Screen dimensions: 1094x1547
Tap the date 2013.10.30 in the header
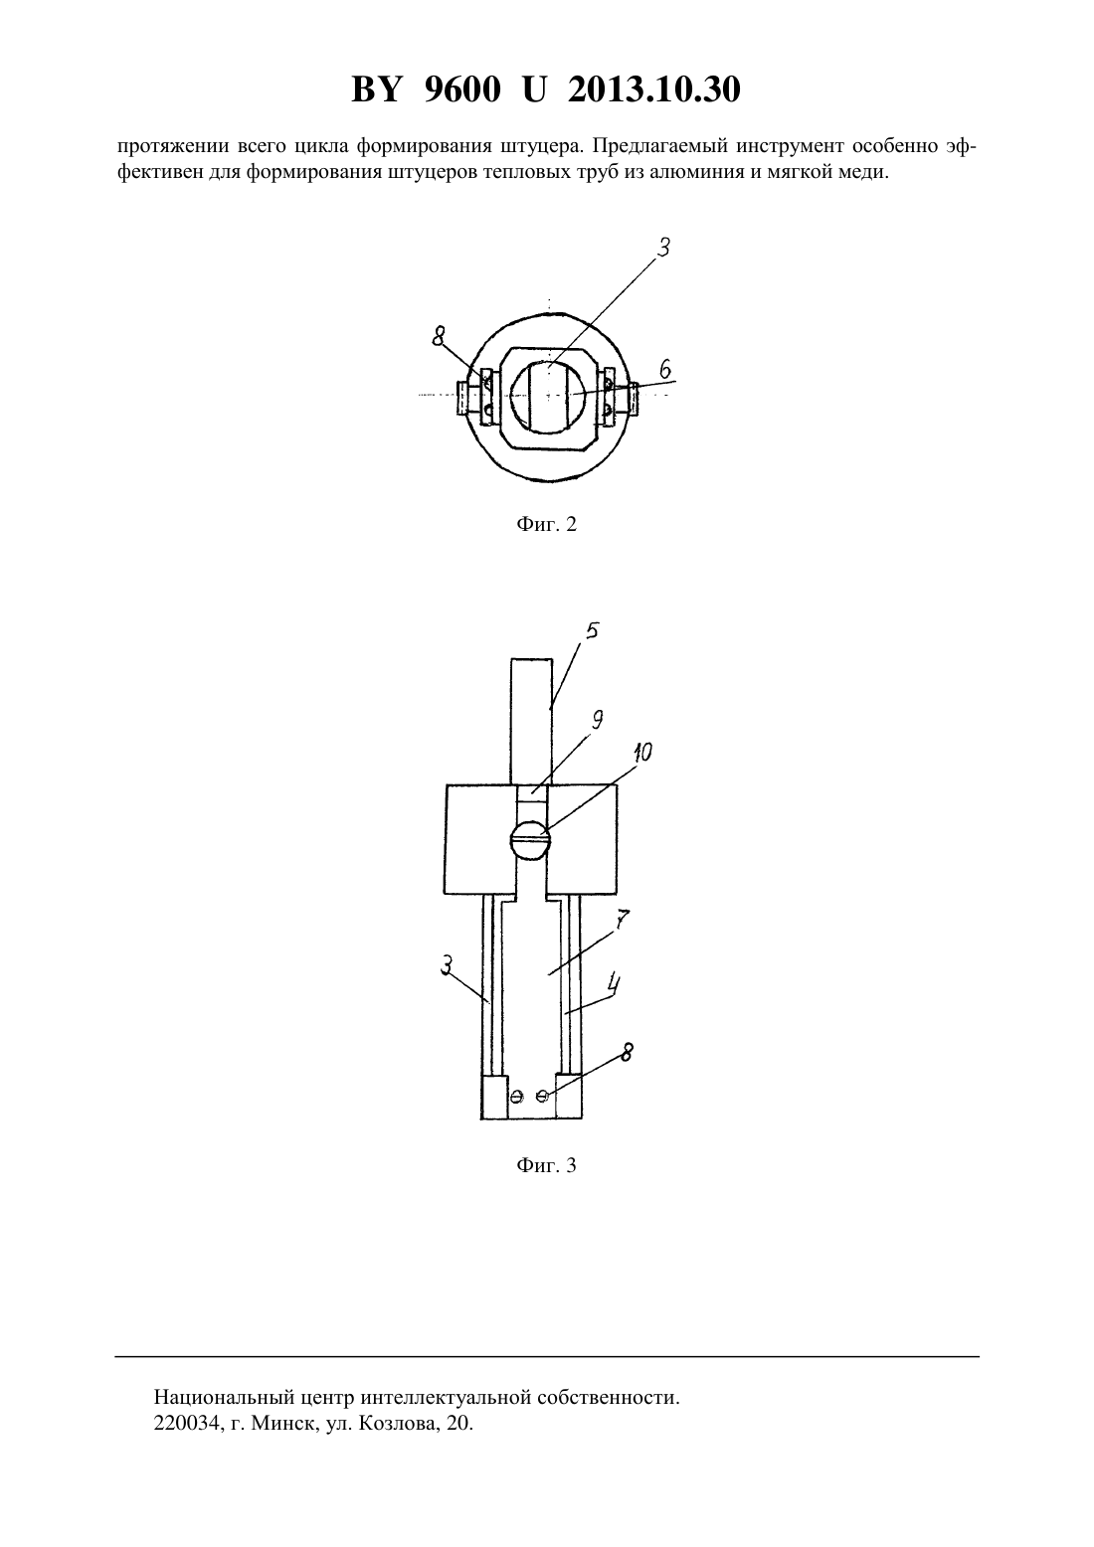[654, 89]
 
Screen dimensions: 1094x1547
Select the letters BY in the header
[376, 89]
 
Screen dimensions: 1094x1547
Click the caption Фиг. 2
[546, 524]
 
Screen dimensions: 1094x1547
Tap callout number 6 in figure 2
[664, 370]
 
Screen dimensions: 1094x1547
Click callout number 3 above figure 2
[663, 248]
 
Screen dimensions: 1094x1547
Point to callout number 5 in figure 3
[593, 630]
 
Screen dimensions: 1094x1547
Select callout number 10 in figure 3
[642, 752]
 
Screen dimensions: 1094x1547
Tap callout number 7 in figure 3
[623, 920]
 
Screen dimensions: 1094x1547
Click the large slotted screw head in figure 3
[530, 840]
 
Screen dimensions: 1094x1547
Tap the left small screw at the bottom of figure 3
[516, 1096]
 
